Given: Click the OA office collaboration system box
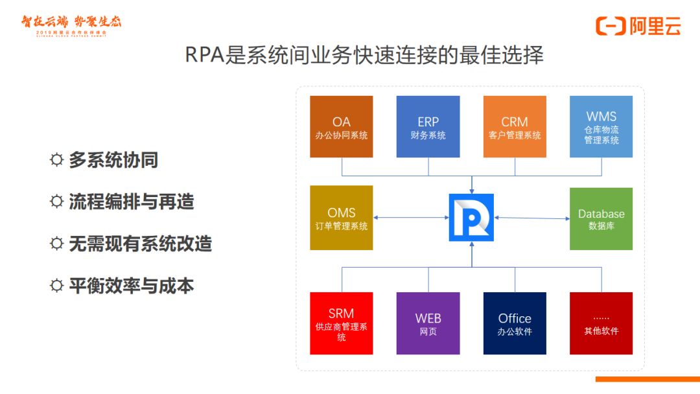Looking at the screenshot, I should coord(342,127).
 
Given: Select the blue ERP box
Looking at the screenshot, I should coord(428,127).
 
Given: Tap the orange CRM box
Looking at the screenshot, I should coord(515,127).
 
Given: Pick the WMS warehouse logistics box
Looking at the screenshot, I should coord(601,127).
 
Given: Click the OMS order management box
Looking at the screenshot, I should coord(342,218).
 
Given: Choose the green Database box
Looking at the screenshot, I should coord(601,219).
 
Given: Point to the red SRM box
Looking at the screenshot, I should coord(342,323).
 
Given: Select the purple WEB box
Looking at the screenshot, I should coord(428,323).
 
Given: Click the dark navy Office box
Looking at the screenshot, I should coord(515,323).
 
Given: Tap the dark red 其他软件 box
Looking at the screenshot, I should coord(601,323).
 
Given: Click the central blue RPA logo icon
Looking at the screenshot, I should coord(471,218).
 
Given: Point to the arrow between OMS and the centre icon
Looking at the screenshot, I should coord(411,218).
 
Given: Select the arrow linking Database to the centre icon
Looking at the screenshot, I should coord(531,218).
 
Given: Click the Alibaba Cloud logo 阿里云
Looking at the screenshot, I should coord(638,26).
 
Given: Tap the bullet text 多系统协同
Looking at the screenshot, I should coord(113,160).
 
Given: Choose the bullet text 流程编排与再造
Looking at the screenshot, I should coord(132,202).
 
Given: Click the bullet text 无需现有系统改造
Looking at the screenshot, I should coord(141,244).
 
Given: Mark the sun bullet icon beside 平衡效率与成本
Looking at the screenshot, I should coord(57,286).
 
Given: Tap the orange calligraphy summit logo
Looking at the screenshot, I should coord(71,25).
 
